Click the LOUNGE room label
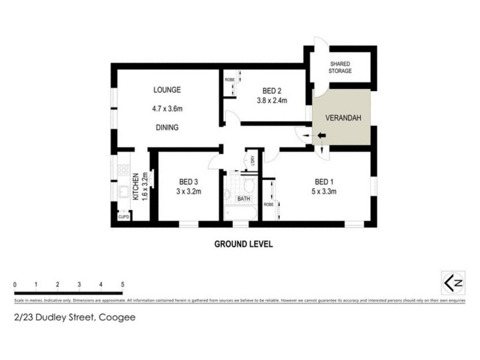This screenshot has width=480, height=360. coord(167,90)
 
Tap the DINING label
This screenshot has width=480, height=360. coord(166,128)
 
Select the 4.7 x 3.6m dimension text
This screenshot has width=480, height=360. coord(167,109)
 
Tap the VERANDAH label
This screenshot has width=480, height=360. coord(343,118)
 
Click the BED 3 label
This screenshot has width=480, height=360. coord(188,182)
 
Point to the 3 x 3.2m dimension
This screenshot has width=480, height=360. coord(188,192)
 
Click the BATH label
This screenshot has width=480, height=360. coord(244,198)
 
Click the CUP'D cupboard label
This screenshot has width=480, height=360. coord(124,217)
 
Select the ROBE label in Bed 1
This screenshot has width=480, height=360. coord(268,204)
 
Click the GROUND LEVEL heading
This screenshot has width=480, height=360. coord(244,244)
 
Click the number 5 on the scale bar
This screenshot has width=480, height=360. coord(122,284)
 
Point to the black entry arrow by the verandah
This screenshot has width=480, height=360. coord(321,137)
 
